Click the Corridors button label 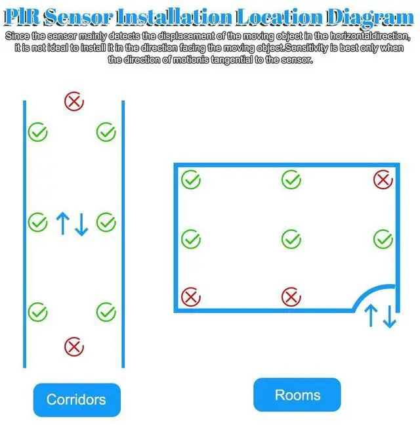pos(76,399)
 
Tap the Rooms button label pos(297,395)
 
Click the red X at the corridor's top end pos(73,101)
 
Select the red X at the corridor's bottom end pos(73,346)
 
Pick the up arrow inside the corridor pos(62,223)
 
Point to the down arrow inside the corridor pos(81,223)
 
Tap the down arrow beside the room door pos(390,316)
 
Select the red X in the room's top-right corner pos(383,179)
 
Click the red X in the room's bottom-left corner pos(190,297)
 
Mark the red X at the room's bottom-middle pos(291,297)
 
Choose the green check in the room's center pos(291,238)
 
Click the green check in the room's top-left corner pos(190,179)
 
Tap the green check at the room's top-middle pos(291,179)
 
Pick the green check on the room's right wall pos(383,239)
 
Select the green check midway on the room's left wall pos(190,238)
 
